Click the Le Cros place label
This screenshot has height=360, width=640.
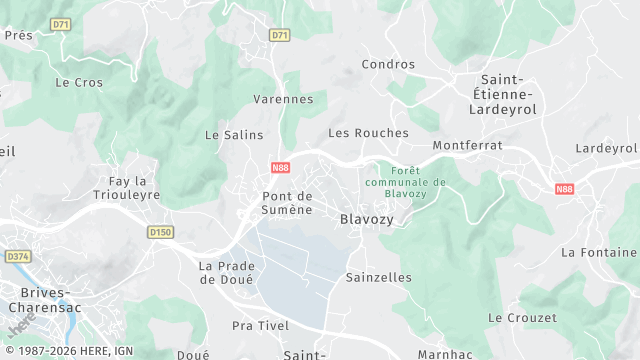click(x=79, y=82)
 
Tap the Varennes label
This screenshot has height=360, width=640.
click(x=283, y=99)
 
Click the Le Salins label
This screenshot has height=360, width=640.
click(x=234, y=134)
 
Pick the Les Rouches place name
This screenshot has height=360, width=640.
click(x=368, y=132)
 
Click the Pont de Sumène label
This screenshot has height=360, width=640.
click(x=288, y=203)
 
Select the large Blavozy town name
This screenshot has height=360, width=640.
click(x=367, y=219)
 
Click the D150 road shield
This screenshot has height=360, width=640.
click(x=160, y=232)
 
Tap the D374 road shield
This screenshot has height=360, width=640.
click(x=18, y=257)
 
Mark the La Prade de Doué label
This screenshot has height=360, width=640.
click(x=227, y=272)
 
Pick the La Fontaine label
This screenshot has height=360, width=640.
click(x=599, y=252)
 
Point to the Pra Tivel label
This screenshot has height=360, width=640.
click(x=260, y=326)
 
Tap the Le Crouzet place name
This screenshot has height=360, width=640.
click(x=522, y=317)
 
